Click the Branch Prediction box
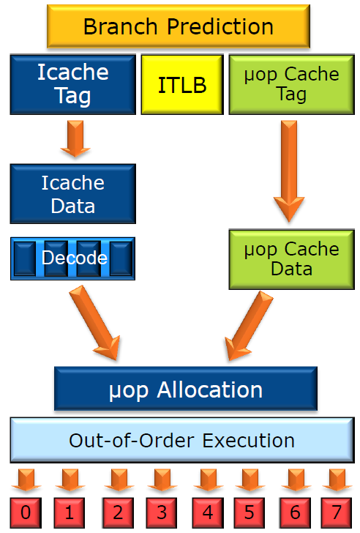(x=179, y=26)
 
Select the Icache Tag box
(x=73, y=84)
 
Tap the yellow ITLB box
(x=182, y=85)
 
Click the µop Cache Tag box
(x=292, y=84)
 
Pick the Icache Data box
(x=73, y=194)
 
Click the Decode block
(x=73, y=258)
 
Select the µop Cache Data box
(x=292, y=260)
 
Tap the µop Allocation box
(x=186, y=389)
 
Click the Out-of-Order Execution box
(x=182, y=440)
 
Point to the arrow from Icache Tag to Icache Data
(x=75, y=138)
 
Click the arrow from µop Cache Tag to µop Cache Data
(x=289, y=171)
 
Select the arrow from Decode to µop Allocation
(x=94, y=323)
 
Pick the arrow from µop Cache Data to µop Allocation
(x=249, y=325)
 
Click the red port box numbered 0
(x=26, y=512)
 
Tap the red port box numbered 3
(x=162, y=512)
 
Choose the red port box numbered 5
(x=250, y=512)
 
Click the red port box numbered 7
(x=337, y=512)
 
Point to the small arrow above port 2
(x=119, y=480)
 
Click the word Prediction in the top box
(x=220, y=26)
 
